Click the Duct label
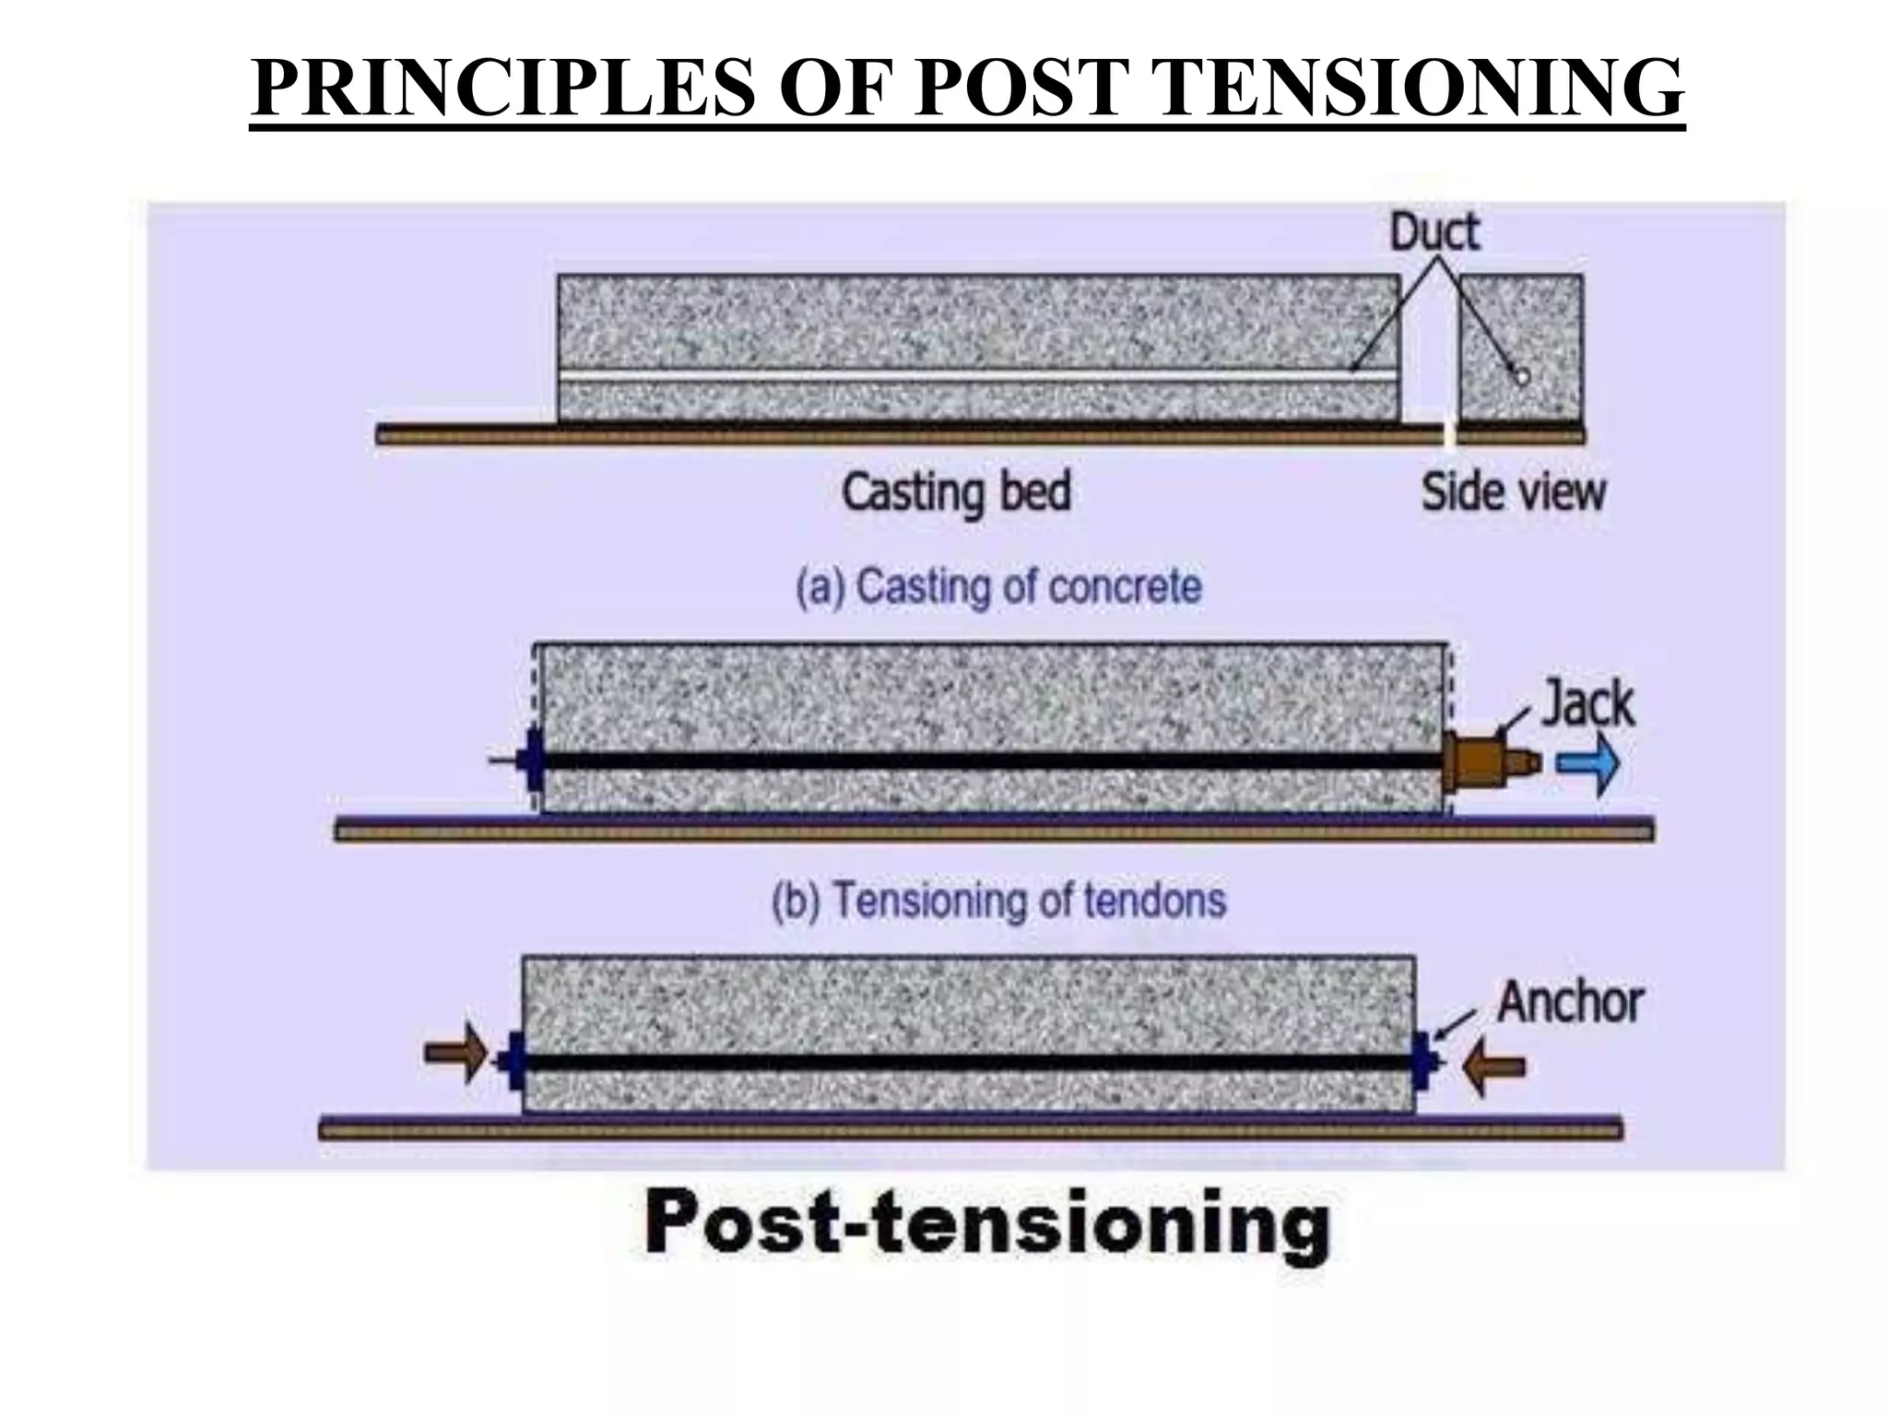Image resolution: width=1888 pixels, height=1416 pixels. pyautogui.click(x=1434, y=231)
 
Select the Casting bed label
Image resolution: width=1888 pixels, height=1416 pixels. pyautogui.click(x=956, y=492)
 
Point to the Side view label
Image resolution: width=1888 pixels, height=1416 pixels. pyautogui.click(x=1513, y=492)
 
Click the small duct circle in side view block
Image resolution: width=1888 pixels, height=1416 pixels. pyautogui.click(x=1521, y=376)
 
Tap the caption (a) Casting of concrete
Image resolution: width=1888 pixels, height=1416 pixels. pyautogui.click(x=998, y=587)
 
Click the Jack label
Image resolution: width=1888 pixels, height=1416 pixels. pyautogui.click(x=1587, y=704)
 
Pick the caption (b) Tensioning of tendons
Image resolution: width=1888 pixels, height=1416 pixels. pyautogui.click(x=998, y=901)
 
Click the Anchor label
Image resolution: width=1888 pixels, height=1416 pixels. pyautogui.click(x=1570, y=1002)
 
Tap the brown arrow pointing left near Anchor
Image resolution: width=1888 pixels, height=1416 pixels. pyautogui.click(x=1494, y=1067)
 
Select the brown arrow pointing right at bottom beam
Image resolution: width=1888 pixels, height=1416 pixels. pyautogui.click(x=454, y=1051)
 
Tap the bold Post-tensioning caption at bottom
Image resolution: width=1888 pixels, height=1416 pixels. pyautogui.click(x=986, y=1224)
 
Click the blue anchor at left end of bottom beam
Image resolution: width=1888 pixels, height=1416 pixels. pyautogui.click(x=513, y=1061)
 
